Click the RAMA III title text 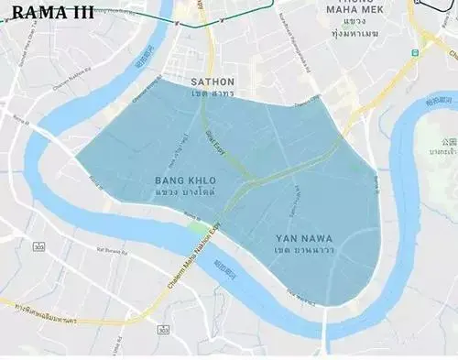point(54,14)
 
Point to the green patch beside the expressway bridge point(195,226)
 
